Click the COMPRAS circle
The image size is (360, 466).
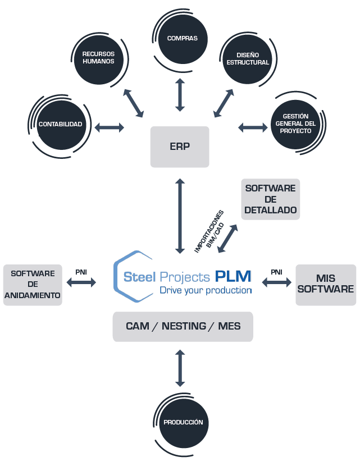click(183, 39)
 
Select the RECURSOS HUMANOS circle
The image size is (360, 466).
click(98, 60)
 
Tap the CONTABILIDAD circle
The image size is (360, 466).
click(61, 125)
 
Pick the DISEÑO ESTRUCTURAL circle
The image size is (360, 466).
click(247, 60)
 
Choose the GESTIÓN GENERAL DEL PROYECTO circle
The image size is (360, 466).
click(295, 124)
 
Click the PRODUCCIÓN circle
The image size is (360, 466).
click(183, 423)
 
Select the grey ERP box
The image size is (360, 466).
click(180, 147)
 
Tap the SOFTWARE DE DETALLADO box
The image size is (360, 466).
click(271, 199)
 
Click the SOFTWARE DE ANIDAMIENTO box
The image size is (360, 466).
click(33, 285)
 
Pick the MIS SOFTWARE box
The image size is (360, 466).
click(326, 285)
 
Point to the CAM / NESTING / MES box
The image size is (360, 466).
click(183, 327)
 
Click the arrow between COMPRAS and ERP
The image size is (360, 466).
click(180, 95)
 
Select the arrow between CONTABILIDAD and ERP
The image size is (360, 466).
click(109, 127)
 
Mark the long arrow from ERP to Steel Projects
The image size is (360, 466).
click(180, 216)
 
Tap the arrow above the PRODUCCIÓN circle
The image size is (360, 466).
click(180, 368)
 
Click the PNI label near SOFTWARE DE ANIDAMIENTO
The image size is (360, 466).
click(81, 272)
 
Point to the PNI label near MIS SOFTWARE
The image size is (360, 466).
click(276, 272)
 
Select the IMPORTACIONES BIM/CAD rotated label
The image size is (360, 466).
click(209, 231)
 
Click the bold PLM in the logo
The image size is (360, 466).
click(233, 276)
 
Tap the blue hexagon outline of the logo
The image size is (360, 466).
click(115, 276)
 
